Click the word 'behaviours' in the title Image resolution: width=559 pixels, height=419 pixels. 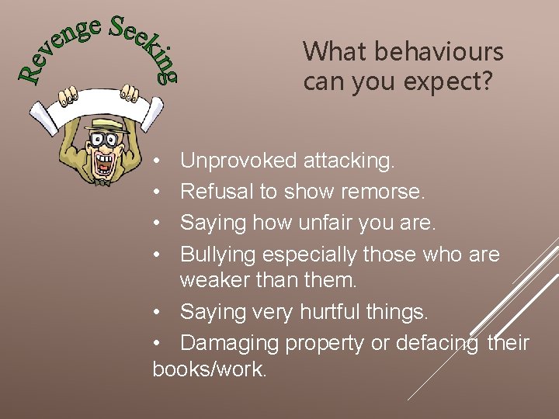(x=439, y=53)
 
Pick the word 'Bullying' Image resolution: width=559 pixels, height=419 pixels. (x=218, y=255)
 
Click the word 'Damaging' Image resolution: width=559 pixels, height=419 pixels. (x=230, y=343)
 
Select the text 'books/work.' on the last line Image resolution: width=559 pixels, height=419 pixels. (x=210, y=369)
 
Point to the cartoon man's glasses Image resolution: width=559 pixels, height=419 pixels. (x=102, y=141)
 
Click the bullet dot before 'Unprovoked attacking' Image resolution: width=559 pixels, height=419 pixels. (x=157, y=162)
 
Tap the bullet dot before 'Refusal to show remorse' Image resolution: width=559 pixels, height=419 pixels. (x=157, y=192)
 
